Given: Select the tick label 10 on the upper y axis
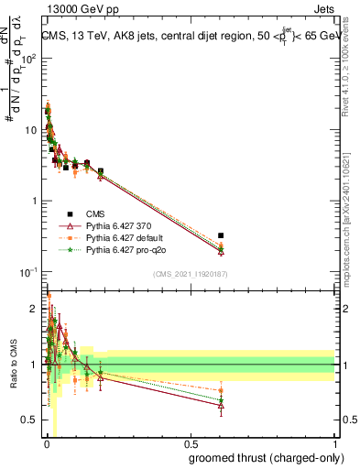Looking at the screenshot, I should click(32, 130).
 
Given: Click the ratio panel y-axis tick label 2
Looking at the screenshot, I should click(35, 308).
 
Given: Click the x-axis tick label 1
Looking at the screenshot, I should click(334, 443).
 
